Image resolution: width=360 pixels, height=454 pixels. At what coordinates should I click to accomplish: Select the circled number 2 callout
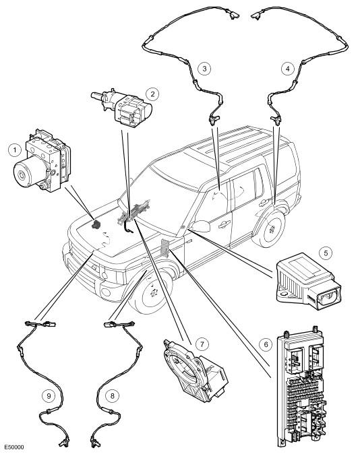(152, 94)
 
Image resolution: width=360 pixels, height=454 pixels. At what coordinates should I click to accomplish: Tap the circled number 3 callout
(205, 69)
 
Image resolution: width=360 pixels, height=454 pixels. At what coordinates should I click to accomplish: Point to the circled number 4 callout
(288, 69)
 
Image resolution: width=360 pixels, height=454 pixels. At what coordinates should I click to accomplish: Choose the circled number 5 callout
(326, 253)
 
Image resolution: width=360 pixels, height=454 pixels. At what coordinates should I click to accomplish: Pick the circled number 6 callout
(266, 345)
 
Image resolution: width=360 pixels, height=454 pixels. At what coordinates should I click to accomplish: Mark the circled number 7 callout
(202, 344)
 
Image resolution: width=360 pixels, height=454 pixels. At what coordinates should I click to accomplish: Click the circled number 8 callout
(113, 395)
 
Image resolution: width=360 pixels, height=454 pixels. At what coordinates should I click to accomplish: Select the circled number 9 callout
(49, 395)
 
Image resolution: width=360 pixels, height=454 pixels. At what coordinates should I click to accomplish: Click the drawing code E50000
(14, 447)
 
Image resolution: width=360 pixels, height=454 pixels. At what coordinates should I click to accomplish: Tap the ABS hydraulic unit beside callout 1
(42, 161)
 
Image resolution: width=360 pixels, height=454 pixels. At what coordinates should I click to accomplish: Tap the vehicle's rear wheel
(270, 229)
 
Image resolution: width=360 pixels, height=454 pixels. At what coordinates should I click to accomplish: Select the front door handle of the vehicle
(224, 223)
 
